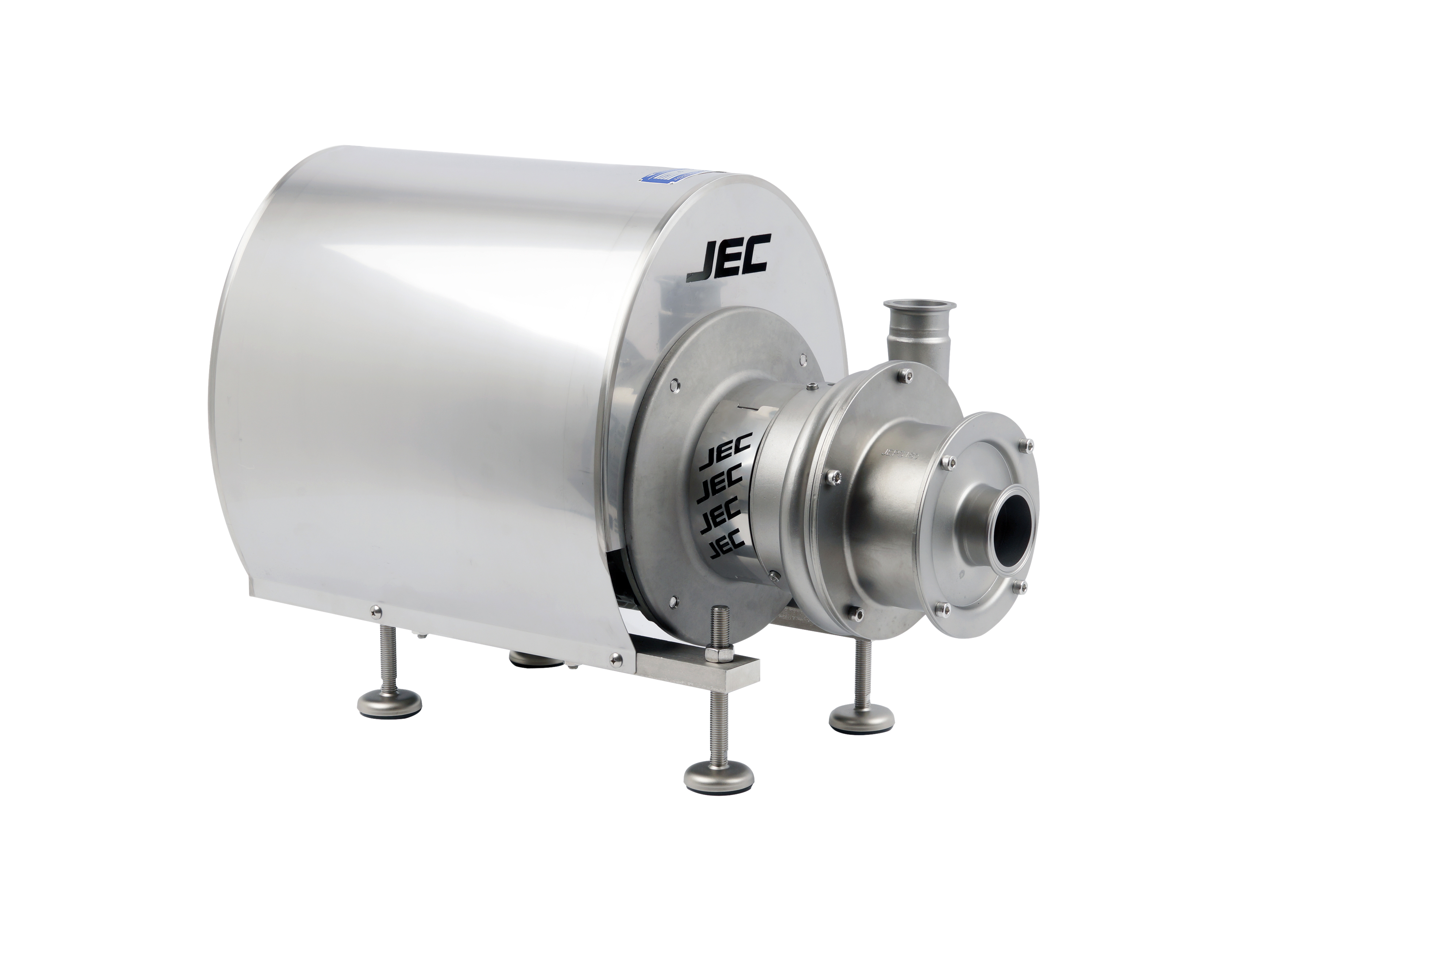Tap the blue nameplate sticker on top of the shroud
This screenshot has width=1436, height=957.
point(665,176)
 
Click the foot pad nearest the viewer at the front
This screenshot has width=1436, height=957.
point(719,777)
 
